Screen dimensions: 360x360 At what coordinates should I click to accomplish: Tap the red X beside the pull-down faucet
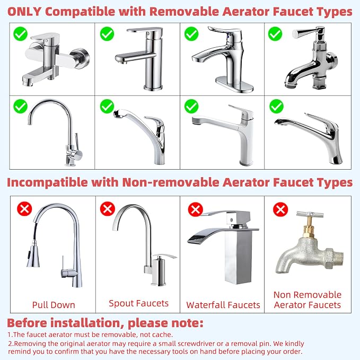point(24,208)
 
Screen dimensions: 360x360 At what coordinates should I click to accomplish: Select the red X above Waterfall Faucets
point(196,209)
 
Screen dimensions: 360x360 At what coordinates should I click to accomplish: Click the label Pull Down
point(54,305)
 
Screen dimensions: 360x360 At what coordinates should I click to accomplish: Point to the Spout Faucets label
point(138,303)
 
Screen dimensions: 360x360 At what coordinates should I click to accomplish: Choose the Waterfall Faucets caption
point(223,305)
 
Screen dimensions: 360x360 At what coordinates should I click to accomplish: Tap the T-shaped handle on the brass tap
point(310,214)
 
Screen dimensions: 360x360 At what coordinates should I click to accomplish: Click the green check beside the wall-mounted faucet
point(21,34)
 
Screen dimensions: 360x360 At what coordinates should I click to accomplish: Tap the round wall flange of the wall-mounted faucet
point(81,58)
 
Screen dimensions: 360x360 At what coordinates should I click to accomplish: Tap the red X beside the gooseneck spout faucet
point(108,208)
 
